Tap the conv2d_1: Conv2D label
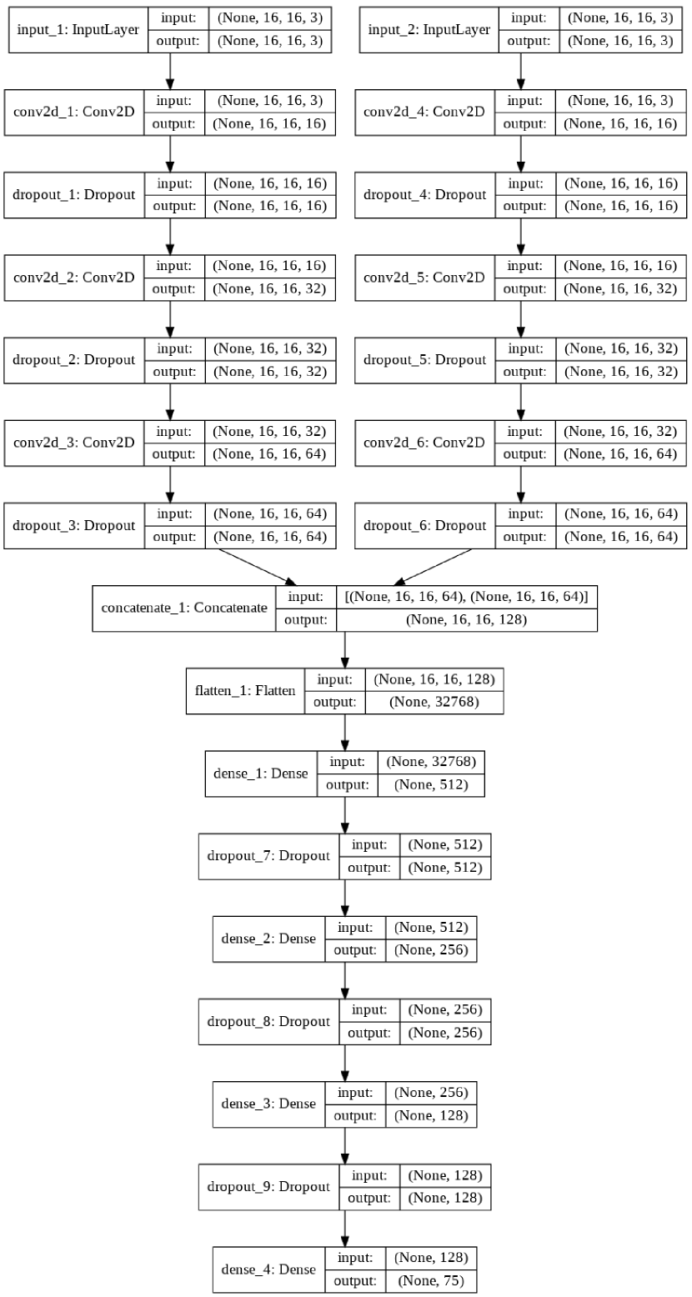[74, 112]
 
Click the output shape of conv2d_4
[620, 123]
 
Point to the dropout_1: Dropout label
[74, 194]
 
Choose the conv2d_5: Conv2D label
[425, 277]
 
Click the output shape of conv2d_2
[269, 289]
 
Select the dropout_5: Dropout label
[425, 360]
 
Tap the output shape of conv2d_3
[269, 454]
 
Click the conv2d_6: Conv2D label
[425, 443]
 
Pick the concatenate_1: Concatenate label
[184, 608]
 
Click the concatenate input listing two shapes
[466, 597]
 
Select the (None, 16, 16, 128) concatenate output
[466, 620]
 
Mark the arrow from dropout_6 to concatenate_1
[434, 568]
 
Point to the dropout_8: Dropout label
[268, 1021]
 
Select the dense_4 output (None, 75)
[430, 1281]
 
